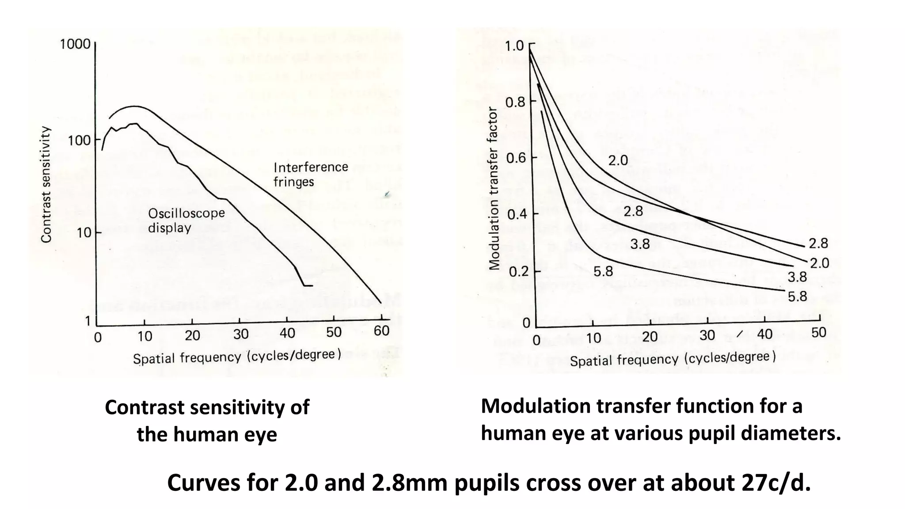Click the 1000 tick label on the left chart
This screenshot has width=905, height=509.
75,45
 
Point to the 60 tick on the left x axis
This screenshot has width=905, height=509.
381,331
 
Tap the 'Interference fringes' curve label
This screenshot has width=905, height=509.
311,175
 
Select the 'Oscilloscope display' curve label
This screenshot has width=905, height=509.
186,220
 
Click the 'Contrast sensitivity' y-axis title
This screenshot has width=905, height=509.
46,184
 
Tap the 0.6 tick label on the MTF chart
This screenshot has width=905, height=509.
515,158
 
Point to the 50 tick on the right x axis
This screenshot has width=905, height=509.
818,333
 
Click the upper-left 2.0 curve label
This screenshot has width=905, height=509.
618,160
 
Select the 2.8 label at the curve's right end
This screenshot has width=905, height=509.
818,243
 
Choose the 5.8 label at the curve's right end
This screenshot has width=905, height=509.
797,296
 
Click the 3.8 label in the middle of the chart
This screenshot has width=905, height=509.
640,243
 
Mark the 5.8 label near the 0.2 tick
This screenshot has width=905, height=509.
603,271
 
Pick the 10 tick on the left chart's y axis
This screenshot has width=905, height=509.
84,233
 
